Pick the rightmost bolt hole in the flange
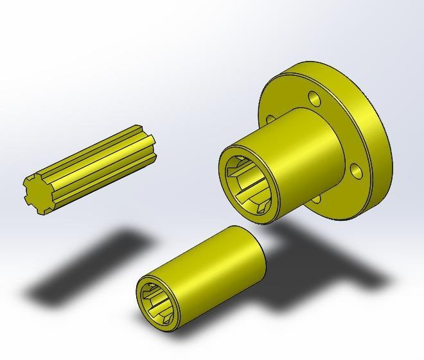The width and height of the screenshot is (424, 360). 355,171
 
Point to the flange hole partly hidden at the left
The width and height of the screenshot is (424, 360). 269,119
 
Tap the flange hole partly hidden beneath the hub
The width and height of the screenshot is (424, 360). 317,199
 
